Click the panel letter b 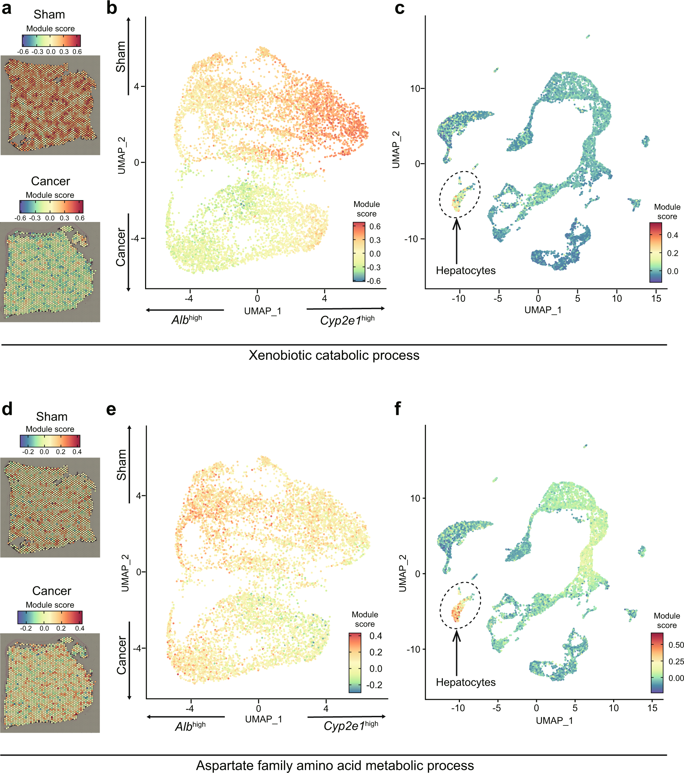[x=112, y=8]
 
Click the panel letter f [x=397, y=409]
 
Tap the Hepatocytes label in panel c [x=465, y=271]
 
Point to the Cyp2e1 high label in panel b [x=347, y=320]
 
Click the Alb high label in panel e [x=190, y=726]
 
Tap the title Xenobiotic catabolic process [x=334, y=355]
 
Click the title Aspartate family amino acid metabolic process [x=334, y=765]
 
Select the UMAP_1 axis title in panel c [x=543, y=310]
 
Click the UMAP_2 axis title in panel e [x=125, y=573]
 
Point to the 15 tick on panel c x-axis [x=656, y=299]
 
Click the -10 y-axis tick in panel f [x=413, y=649]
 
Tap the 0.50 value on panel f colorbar [x=676, y=645]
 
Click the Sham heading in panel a [x=49, y=14]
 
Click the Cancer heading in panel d [x=51, y=591]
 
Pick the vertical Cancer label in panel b [x=121, y=247]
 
